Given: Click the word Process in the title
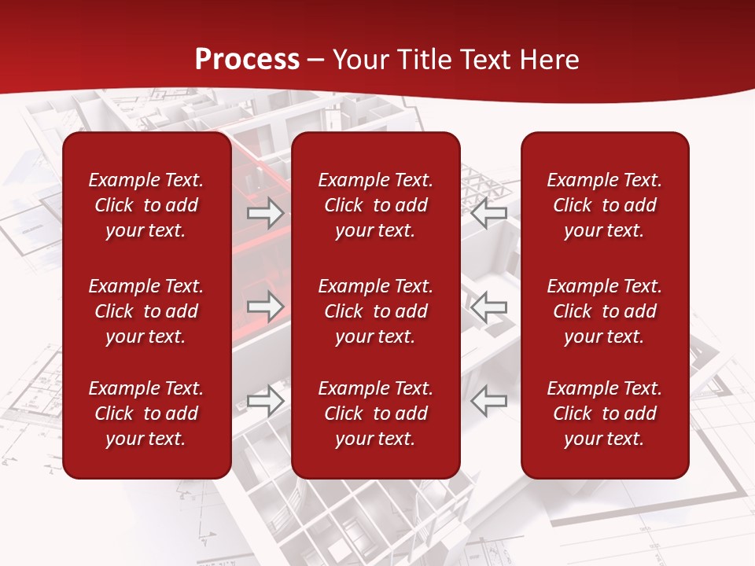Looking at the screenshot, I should (x=247, y=60).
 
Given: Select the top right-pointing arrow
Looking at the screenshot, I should (x=265, y=212).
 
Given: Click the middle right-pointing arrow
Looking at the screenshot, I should (x=265, y=307).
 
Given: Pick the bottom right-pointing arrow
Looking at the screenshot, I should (x=265, y=401).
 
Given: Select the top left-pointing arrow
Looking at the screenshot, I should (x=489, y=212).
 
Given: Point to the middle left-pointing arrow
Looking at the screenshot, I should (x=489, y=307).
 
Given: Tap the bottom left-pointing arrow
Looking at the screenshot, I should (x=489, y=401).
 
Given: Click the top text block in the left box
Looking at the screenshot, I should (x=146, y=205).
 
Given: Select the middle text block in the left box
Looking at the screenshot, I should (x=146, y=311).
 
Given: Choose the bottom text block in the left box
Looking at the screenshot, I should (x=146, y=413).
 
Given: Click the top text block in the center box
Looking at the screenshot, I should (x=376, y=205).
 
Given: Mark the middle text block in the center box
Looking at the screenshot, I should (x=376, y=311).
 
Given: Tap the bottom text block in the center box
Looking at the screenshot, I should (x=376, y=413).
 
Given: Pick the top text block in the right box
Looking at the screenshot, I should (x=605, y=205).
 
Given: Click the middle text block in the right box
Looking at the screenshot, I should (x=605, y=311).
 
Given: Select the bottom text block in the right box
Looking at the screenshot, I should (x=605, y=413).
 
